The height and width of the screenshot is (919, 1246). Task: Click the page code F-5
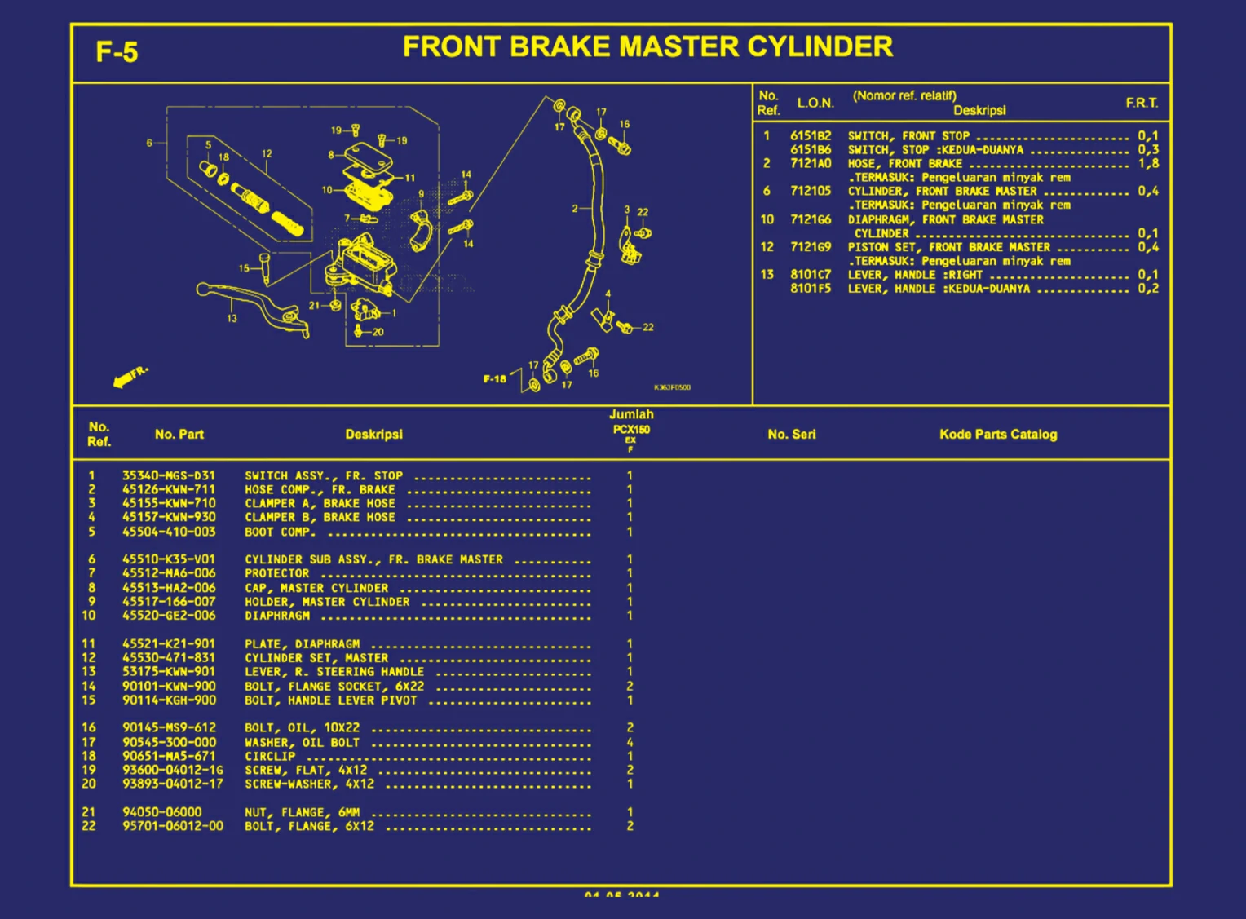[x=117, y=52]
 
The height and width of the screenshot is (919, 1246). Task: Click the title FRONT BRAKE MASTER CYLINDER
[x=647, y=47]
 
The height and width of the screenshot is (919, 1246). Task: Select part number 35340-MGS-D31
[x=169, y=475]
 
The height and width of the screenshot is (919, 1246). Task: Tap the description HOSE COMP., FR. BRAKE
[x=320, y=489]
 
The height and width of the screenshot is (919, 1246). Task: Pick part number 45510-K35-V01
[x=169, y=559]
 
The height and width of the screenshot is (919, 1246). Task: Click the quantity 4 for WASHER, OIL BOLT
[x=630, y=742]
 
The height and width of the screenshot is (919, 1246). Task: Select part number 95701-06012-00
[x=172, y=826]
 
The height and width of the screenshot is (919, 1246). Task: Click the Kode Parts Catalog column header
[x=997, y=434]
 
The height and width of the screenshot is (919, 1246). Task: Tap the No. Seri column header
[x=791, y=434]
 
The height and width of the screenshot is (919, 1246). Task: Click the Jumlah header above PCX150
[x=631, y=414]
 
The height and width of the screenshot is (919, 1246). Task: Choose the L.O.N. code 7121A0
[x=811, y=163]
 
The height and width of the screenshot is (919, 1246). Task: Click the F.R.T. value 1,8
[x=1148, y=163]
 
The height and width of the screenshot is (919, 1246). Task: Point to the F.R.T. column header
[x=1142, y=103]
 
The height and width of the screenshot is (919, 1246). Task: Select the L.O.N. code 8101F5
[x=811, y=288]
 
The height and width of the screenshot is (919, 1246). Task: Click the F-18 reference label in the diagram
[x=494, y=378]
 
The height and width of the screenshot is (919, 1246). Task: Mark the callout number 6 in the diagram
[x=149, y=143]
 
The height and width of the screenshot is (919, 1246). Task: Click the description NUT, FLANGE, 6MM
[x=302, y=812]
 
